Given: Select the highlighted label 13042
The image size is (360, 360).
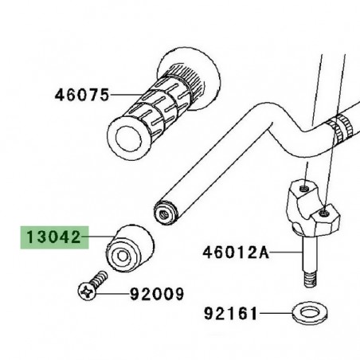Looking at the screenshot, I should tap(53, 237).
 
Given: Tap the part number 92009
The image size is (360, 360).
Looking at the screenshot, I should tap(158, 294).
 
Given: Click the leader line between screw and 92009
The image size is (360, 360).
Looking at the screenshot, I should tap(120, 294).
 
